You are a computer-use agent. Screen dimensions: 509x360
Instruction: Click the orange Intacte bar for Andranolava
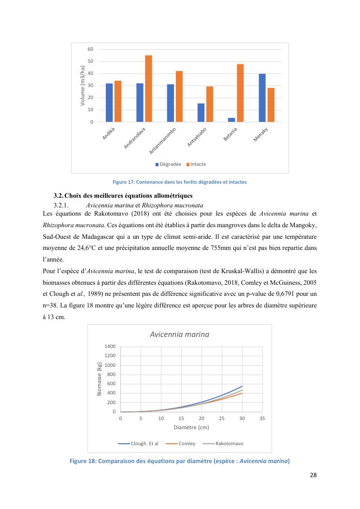[x=148, y=89]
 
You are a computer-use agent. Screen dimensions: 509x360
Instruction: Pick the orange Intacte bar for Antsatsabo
[x=210, y=104]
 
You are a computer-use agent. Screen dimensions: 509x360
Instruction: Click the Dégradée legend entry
[x=168, y=164]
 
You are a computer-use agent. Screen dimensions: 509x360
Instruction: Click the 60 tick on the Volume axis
[x=90, y=49]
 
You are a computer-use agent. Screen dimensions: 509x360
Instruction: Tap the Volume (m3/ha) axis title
[x=83, y=86]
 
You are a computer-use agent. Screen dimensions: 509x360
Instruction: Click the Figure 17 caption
[x=179, y=182]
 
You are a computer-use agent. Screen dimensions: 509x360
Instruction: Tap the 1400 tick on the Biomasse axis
[x=110, y=347]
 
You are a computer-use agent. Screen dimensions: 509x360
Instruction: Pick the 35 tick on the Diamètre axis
[x=262, y=419]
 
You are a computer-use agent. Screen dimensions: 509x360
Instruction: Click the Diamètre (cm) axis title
[x=191, y=428]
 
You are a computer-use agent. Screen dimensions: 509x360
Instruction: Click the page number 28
[x=313, y=475]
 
